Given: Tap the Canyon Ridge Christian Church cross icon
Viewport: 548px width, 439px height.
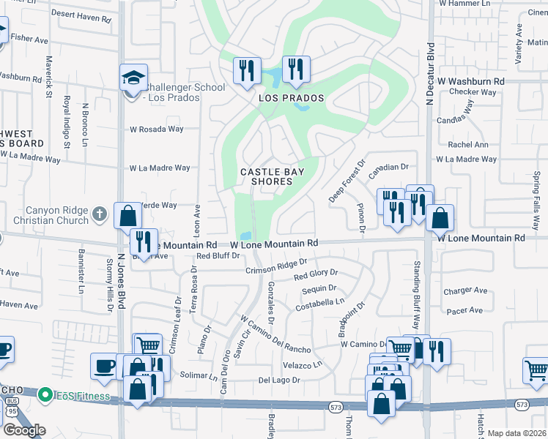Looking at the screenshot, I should pyautogui.click(x=100, y=215).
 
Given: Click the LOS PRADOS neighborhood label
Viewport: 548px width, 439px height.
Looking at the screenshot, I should pyautogui.click(x=291, y=97).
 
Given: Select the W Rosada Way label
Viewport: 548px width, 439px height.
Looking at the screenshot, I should pyautogui.click(x=157, y=130).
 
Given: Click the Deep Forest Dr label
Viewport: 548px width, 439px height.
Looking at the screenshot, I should pyautogui.click(x=346, y=183).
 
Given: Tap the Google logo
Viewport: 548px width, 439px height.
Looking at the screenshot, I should pyautogui.click(x=24, y=430).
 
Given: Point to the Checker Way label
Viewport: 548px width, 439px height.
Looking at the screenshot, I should pyautogui.click(x=473, y=92).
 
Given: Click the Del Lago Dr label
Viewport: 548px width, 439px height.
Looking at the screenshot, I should pyautogui.click(x=279, y=380).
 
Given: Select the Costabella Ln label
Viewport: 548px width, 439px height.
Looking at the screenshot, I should pyautogui.click(x=319, y=301).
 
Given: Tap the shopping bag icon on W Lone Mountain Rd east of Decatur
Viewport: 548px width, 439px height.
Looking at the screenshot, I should pyautogui.click(x=440, y=218).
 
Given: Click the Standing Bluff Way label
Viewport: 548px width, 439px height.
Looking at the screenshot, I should pyautogui.click(x=416, y=293).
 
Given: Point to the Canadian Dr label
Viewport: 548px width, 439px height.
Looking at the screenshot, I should pyautogui.click(x=388, y=168).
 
